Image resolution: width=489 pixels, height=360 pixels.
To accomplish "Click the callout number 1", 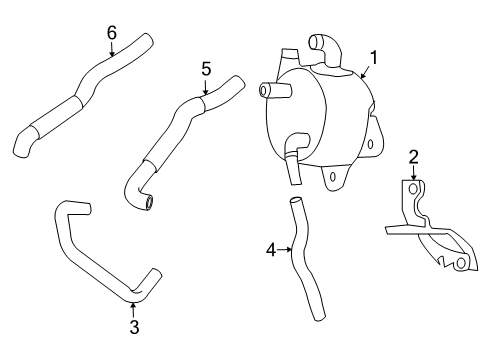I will click(x=375, y=58).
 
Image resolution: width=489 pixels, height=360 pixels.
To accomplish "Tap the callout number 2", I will click(x=413, y=157).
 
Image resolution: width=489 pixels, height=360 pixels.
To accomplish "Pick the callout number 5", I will click(x=206, y=68).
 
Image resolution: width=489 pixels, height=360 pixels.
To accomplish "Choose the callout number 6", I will click(x=112, y=32).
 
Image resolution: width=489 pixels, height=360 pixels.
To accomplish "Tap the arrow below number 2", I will click(x=413, y=173).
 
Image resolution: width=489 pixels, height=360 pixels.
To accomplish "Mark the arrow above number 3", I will click(x=133, y=307).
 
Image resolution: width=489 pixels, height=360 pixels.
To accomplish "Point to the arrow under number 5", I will click(x=206, y=86).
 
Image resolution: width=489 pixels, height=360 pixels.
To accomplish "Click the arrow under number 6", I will click(x=112, y=48).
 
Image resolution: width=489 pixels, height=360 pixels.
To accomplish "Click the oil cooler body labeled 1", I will click(x=315, y=115).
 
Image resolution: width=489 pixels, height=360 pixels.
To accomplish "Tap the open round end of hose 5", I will click(x=149, y=204).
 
